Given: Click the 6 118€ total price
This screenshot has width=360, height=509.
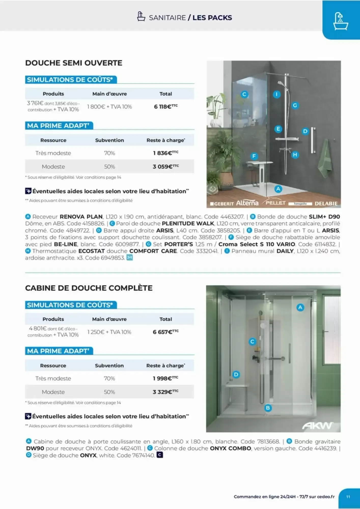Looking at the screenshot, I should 165,107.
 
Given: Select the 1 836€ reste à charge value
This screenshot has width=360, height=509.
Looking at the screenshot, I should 165,153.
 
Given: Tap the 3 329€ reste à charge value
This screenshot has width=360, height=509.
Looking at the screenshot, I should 165,392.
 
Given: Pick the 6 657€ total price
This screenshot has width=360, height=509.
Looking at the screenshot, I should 165,332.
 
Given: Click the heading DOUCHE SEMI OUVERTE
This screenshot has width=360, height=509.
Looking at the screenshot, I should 74,63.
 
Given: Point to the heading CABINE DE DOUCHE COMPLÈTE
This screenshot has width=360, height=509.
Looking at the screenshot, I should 89,288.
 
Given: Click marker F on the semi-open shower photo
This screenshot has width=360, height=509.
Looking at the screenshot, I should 254,156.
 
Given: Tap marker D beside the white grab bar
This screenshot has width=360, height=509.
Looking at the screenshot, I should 305,131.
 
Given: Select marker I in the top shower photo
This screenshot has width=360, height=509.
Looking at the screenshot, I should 276,94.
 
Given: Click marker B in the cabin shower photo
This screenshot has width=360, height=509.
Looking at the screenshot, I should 268,408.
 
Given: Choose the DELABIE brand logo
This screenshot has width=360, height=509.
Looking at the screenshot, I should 326,204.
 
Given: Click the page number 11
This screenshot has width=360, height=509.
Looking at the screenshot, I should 348,497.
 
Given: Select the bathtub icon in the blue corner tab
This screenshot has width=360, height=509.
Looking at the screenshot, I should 341,21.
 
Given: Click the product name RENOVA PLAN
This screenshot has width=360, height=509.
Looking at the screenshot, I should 81,217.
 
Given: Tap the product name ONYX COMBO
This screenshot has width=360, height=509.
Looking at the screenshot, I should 230,448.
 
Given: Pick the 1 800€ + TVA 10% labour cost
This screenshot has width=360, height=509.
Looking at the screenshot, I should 109,107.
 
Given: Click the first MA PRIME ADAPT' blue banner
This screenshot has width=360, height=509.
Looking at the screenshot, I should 59,126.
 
